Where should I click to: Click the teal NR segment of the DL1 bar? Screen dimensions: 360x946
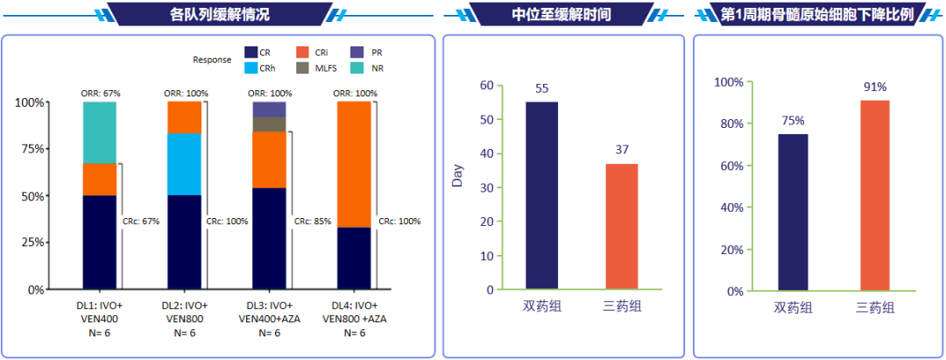click(x=99, y=132)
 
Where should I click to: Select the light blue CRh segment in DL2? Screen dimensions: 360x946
click(x=184, y=164)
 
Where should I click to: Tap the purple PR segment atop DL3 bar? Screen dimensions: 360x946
click(x=269, y=109)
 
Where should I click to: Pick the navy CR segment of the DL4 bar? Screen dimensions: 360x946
click(x=354, y=258)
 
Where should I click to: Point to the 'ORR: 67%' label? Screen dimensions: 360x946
click(x=99, y=93)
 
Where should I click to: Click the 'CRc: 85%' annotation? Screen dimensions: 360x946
click(x=313, y=222)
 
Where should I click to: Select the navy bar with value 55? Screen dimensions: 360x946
click(x=541, y=195)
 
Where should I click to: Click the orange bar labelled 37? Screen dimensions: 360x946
click(x=621, y=226)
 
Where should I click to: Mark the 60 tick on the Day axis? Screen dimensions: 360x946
click(x=486, y=86)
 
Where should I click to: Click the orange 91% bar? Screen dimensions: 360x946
click(x=875, y=194)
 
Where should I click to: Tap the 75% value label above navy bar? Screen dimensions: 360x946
click(x=793, y=122)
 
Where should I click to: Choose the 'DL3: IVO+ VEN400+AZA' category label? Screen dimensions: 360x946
click(x=269, y=318)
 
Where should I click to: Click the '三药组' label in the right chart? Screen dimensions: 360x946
click(x=875, y=307)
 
